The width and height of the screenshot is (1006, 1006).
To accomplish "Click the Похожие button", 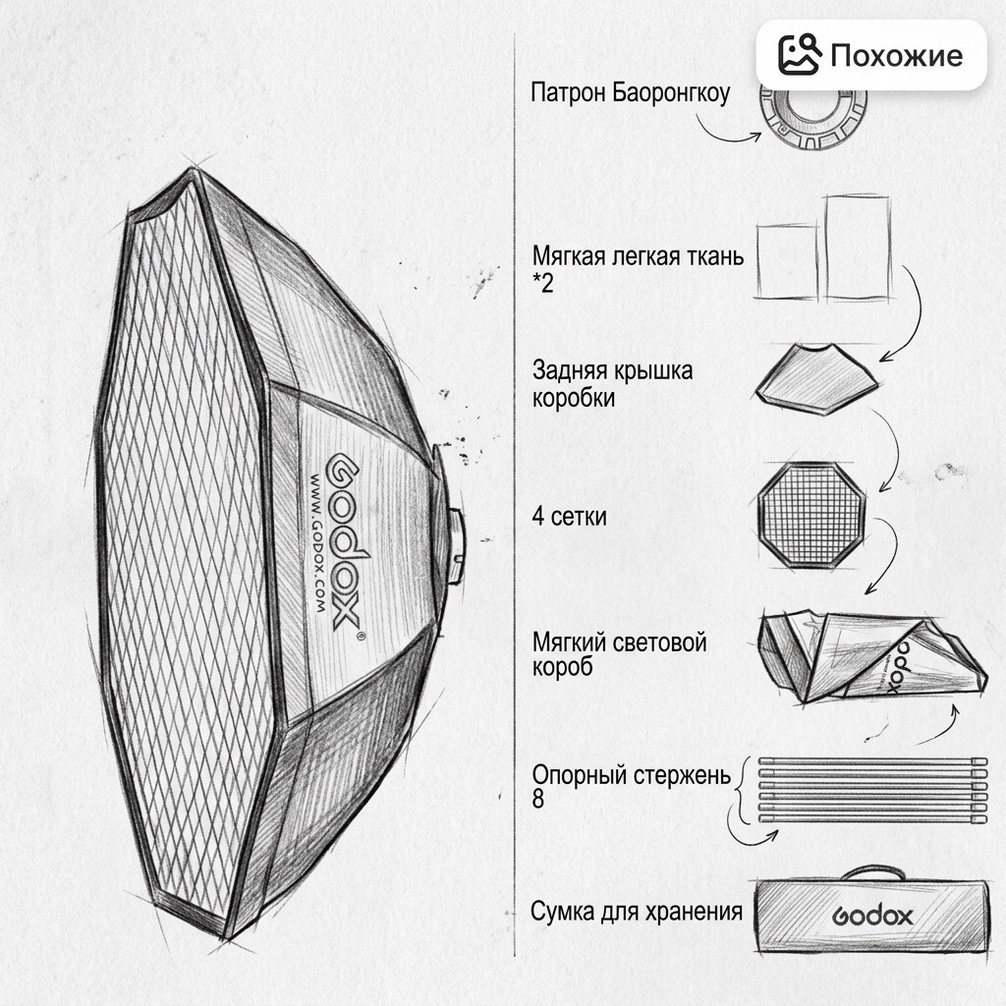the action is click(x=870, y=55).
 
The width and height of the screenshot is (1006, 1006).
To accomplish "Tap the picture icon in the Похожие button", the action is click(x=800, y=55).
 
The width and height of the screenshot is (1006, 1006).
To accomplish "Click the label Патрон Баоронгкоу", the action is click(x=630, y=93).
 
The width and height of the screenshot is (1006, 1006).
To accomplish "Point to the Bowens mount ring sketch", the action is click(x=813, y=119).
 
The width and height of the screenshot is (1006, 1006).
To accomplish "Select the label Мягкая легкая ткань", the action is click(x=638, y=256).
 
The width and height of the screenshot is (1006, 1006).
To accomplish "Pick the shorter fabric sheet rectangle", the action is click(x=787, y=261).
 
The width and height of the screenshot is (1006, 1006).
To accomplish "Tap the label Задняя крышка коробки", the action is click(x=612, y=384).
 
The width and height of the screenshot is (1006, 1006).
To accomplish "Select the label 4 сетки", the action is click(x=569, y=517).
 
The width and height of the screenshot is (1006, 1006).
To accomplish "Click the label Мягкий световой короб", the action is click(x=619, y=653).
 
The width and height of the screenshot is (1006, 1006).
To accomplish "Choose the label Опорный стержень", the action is click(x=632, y=775).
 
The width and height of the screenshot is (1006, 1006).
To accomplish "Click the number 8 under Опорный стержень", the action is click(x=537, y=800).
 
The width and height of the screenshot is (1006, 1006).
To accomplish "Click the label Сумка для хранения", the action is click(x=637, y=911).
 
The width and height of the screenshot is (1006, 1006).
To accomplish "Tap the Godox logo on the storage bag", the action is click(x=872, y=917).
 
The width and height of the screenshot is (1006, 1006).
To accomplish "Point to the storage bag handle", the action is click(x=873, y=872).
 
